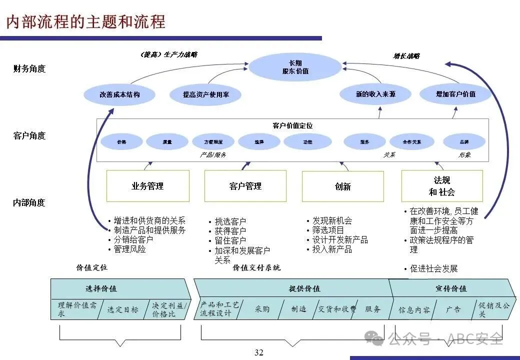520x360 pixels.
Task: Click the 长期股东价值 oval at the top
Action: [295, 67]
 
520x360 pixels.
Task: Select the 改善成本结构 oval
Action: [119, 94]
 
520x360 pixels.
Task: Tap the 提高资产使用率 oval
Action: [205, 94]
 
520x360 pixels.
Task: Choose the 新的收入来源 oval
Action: [375, 94]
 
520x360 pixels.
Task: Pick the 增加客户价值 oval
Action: [455, 94]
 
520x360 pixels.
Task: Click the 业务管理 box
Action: [147, 186]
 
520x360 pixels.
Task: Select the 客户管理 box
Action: [245, 186]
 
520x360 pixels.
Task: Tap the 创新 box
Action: [342, 186]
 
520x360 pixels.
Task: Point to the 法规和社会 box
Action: [442, 186]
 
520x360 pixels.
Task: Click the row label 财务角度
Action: [29, 68]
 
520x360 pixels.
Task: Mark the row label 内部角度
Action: [29, 202]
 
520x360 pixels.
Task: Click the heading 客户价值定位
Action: [292, 126]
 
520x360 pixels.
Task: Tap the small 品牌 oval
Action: [464, 142]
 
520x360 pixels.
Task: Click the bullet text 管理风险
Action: [129, 248]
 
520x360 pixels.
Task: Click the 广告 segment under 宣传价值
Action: [453, 309]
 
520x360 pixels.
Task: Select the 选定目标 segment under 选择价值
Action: [122, 309]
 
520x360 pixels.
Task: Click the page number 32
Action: [258, 353]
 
